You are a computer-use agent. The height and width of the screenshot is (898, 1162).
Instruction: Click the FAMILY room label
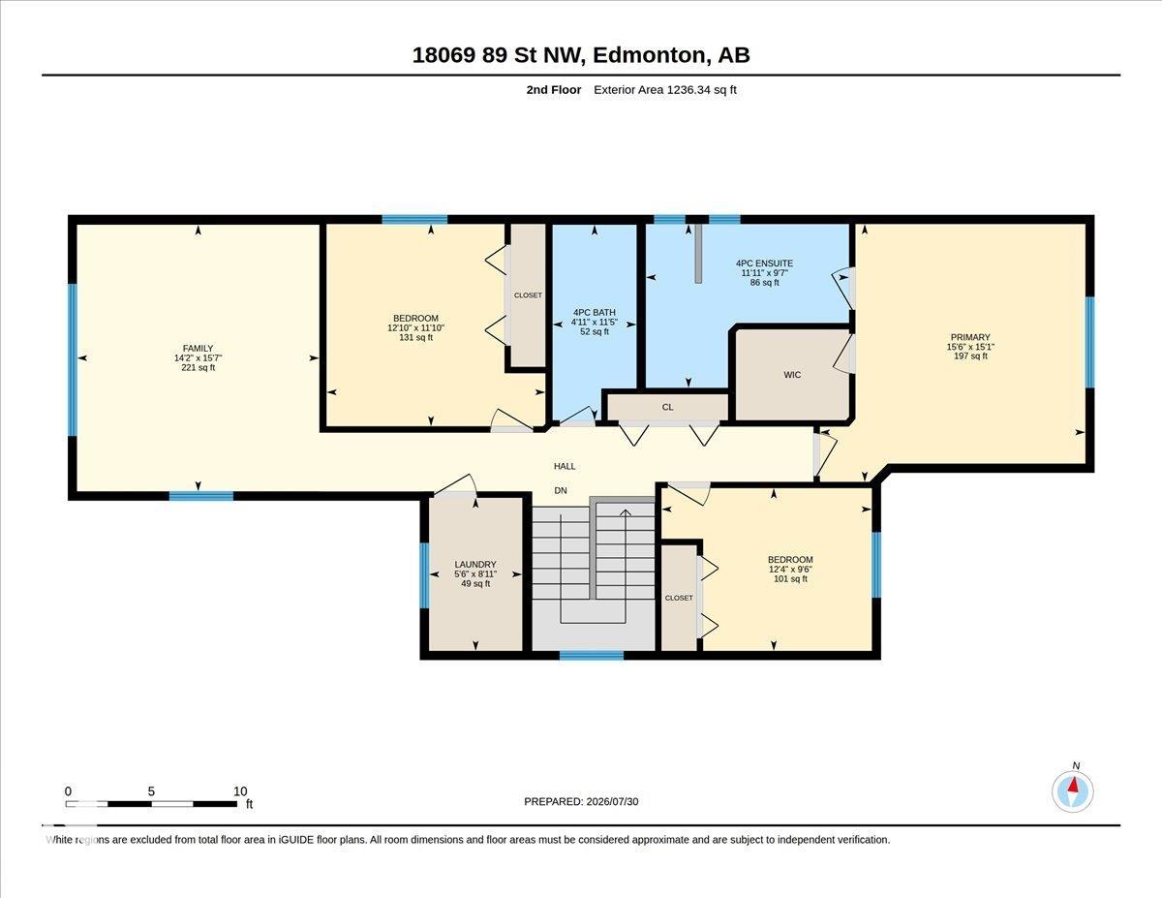click(x=198, y=348)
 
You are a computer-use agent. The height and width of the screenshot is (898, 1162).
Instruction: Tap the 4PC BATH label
click(x=595, y=312)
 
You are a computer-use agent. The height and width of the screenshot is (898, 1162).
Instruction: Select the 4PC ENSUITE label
click(x=764, y=263)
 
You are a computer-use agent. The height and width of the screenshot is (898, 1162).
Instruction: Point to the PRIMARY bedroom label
click(x=970, y=337)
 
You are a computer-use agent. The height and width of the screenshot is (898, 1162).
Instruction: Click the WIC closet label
click(x=792, y=375)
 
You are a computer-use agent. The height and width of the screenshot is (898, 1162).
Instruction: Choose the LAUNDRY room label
click(x=475, y=564)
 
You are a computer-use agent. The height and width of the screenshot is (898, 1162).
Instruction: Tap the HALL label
click(x=565, y=466)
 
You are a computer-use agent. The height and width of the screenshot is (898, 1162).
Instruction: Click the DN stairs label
click(x=561, y=490)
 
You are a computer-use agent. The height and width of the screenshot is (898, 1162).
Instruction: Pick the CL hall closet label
click(x=667, y=407)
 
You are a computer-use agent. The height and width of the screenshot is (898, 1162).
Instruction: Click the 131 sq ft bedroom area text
click(x=416, y=337)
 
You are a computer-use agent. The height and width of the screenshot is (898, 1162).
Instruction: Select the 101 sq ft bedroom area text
click(x=790, y=578)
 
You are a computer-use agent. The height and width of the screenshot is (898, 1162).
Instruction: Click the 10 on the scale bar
click(x=240, y=791)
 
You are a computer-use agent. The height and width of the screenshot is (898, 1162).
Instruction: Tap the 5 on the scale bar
click(x=151, y=791)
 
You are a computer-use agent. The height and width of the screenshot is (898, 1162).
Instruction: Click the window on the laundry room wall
click(x=424, y=575)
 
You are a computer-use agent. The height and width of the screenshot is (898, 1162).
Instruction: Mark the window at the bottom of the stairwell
click(x=592, y=655)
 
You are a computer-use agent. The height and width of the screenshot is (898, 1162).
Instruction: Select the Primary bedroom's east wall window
click(x=1089, y=342)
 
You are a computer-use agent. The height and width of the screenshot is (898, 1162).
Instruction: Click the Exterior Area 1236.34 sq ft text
click(x=664, y=90)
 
